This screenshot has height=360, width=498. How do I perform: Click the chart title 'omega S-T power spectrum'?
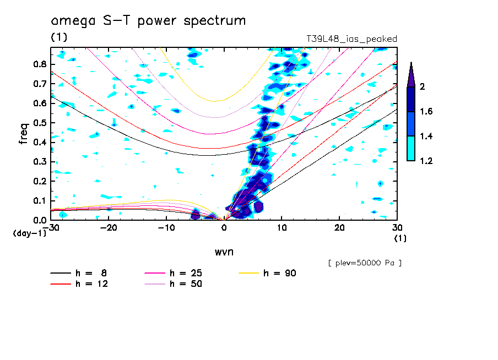click(148, 21)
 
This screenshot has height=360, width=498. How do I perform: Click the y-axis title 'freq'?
click(23, 133)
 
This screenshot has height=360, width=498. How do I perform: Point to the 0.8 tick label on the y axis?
click(39, 64)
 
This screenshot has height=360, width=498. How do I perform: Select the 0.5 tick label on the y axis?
click(39, 123)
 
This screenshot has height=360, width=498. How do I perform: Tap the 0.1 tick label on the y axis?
click(39, 201)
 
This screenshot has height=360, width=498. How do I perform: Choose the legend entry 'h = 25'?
click(186, 274)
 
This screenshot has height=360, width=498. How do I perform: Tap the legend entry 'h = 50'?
click(186, 284)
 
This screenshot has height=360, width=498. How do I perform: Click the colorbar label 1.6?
click(426, 112)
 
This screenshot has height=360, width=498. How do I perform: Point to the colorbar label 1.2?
click(426, 161)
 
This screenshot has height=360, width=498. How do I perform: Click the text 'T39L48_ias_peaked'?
click(351, 39)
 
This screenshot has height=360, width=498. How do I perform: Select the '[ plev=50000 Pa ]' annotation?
click(365, 263)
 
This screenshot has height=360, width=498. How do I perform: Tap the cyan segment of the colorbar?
click(411, 149)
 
